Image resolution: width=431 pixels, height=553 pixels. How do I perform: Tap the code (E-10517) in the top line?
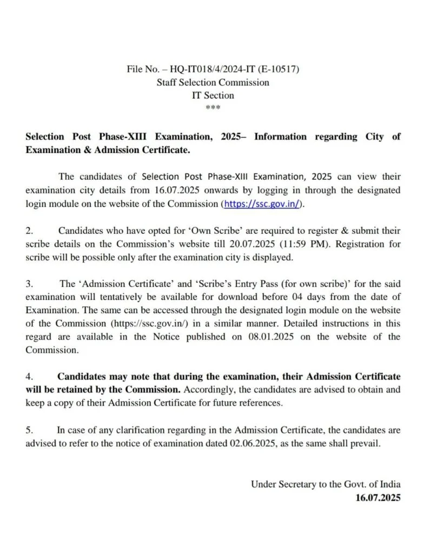(x=276, y=70)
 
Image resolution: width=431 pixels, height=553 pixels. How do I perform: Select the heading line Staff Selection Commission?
(x=213, y=83)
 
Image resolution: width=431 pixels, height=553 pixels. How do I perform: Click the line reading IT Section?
(x=213, y=96)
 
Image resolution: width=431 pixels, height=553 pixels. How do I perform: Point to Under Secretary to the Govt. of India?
(x=326, y=484)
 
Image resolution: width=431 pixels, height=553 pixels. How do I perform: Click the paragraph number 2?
(x=29, y=231)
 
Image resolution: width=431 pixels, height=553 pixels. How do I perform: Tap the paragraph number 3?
(x=29, y=284)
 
